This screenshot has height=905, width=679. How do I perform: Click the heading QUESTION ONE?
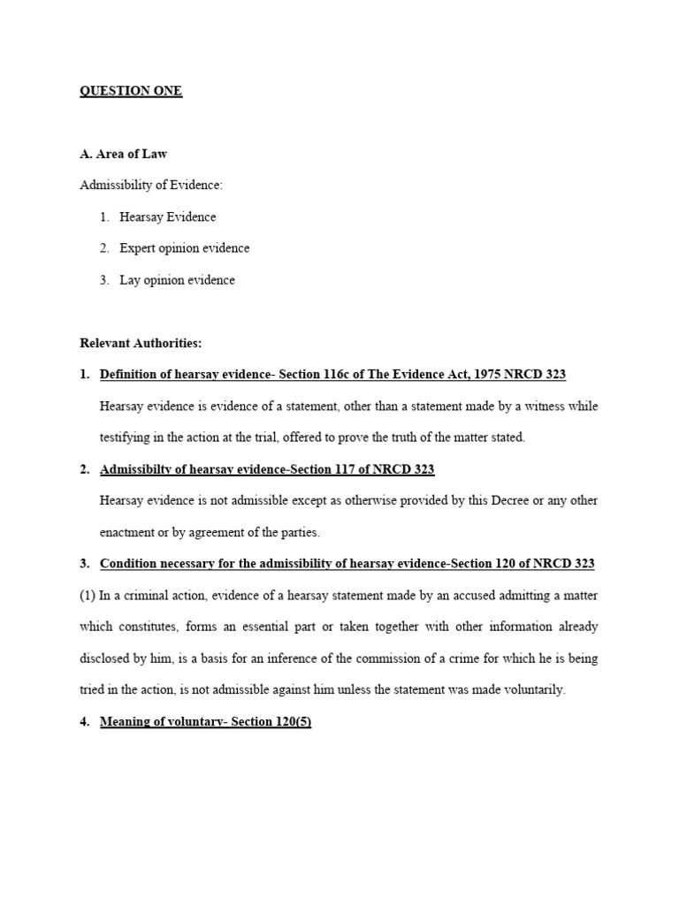pos(131,91)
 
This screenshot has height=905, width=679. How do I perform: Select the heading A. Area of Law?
pos(123,154)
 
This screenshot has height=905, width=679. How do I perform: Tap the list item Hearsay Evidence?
pos(168,217)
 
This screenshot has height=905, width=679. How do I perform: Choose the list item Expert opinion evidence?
pos(185,248)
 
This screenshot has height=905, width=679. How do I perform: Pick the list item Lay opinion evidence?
pos(178,280)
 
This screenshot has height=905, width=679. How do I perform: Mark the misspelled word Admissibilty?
pos(139,469)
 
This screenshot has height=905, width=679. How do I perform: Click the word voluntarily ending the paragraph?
pos(531,690)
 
